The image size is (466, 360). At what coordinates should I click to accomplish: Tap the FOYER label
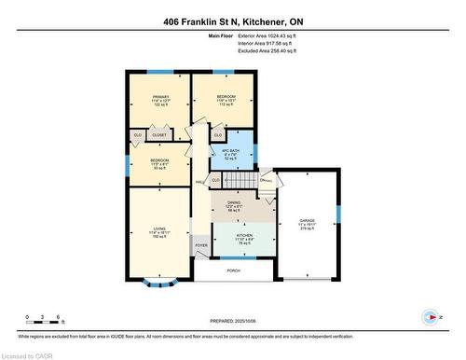[200, 248]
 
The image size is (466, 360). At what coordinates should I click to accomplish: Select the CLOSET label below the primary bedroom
[159, 135]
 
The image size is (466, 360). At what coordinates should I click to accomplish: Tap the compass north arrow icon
[430, 316]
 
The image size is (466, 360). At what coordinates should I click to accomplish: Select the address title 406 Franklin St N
[233, 21]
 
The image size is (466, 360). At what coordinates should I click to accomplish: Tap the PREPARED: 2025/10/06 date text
[233, 322]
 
